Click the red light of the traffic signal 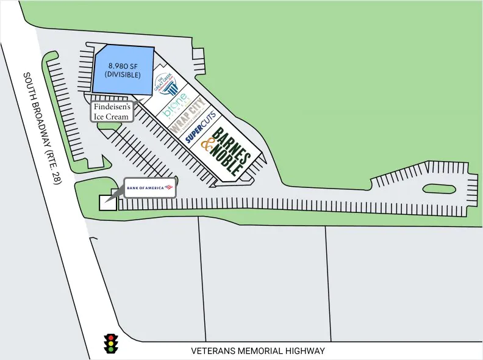tap(111, 337)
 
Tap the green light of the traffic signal tap(111, 350)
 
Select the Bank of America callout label tap(150, 187)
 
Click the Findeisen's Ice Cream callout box tap(111, 112)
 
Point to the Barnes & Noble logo tap(224, 151)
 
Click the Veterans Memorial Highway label tap(258, 351)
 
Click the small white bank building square tap(107, 203)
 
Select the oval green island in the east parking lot tap(438, 189)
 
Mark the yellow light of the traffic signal tap(111, 344)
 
